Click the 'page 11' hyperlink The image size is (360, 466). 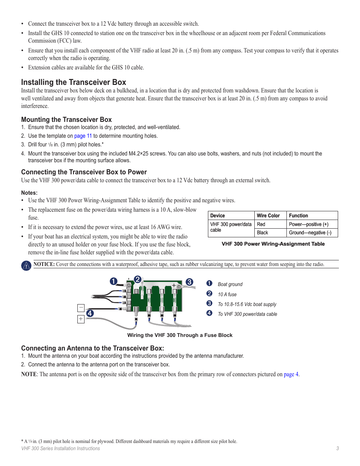click(83, 136)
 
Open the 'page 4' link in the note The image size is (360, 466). click(291, 374)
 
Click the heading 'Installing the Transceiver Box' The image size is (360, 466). click(74, 82)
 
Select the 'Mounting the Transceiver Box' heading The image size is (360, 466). click(66, 120)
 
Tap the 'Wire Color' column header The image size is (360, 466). click(268, 215)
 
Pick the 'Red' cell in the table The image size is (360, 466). click(261, 224)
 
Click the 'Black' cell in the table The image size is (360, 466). click(262, 233)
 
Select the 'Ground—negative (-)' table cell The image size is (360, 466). click(310, 233)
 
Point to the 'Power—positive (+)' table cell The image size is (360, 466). click(309, 224)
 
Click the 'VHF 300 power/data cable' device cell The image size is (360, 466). click(231, 227)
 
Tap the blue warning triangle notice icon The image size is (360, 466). click(26, 266)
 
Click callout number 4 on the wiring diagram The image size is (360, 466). click(90, 313)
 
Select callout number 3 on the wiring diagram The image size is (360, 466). click(189, 282)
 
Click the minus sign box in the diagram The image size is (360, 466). click(81, 308)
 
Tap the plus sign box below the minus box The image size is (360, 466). click(81, 319)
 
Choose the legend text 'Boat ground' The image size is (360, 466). click(230, 285)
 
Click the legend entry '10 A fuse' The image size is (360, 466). click(227, 295)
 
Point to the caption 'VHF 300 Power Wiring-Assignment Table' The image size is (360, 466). click(273, 244)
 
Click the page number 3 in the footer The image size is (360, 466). click(337, 449)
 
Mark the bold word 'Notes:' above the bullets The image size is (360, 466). click(29, 193)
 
